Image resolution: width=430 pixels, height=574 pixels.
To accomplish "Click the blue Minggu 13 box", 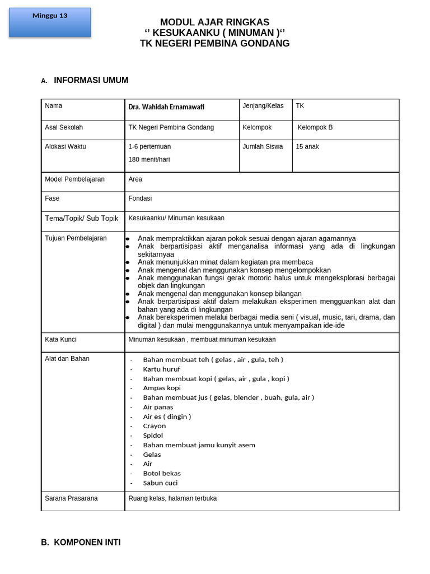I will (50, 22).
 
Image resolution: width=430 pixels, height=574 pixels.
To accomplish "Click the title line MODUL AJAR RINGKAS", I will (215, 22).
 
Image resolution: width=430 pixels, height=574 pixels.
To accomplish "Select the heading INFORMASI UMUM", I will (91, 80).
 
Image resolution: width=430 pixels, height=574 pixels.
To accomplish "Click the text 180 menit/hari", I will (149, 159).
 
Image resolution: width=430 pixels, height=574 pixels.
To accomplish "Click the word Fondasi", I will (140, 198).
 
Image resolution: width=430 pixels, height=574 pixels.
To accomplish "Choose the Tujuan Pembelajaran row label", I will (76, 238).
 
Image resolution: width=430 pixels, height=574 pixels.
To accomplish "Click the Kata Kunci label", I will (60, 340).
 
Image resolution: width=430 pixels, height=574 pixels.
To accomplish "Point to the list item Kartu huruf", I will (161, 369).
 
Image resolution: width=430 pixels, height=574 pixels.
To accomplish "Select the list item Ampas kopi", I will (162, 388).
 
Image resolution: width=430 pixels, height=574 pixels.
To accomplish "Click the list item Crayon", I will (155, 426).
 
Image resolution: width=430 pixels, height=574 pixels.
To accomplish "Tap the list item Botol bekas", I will (162, 474).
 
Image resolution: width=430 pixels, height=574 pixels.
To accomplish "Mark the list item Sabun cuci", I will (160, 483).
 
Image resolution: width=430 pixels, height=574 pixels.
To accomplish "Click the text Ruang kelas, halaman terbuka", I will (172, 498).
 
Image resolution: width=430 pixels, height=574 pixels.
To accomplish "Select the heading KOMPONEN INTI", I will (87, 543).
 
